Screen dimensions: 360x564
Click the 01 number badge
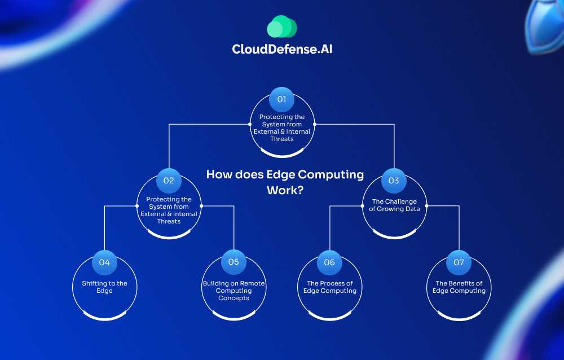[x=281, y=99]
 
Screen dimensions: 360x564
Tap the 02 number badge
[x=169, y=181]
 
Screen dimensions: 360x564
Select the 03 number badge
[x=394, y=181]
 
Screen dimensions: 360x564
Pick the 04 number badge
[x=104, y=262]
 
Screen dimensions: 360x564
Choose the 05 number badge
[x=233, y=262]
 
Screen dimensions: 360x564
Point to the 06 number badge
[x=329, y=262]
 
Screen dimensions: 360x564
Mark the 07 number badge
[x=459, y=262]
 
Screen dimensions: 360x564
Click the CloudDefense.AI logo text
[x=286, y=49]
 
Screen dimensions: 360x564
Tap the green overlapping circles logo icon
[x=281, y=27]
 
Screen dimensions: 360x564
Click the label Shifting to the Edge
[x=104, y=287]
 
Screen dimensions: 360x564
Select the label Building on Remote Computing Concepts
[x=233, y=291]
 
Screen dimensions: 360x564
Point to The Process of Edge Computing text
[x=330, y=287]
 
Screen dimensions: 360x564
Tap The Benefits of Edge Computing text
[x=459, y=287]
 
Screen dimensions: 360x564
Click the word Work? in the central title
[x=285, y=190]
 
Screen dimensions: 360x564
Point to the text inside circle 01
[x=282, y=128]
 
